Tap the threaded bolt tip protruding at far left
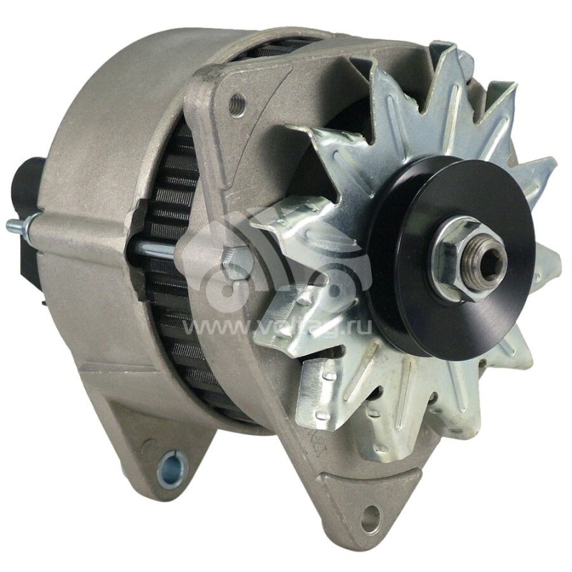point(16,227)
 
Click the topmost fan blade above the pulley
point(443,86)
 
